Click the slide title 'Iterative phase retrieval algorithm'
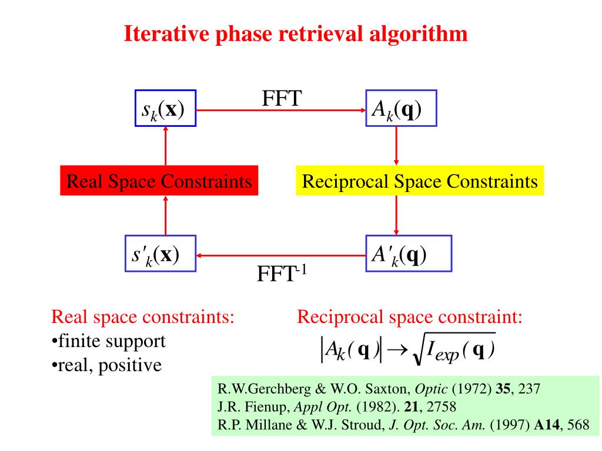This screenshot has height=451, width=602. [296, 33]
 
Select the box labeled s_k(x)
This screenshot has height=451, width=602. [165, 109]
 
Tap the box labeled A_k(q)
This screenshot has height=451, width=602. [401, 109]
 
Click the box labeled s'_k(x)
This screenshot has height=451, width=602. [160, 254]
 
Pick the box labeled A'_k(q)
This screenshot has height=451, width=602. [408, 254]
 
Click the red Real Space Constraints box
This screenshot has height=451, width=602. [159, 181]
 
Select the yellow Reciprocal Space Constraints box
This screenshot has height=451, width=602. [420, 181]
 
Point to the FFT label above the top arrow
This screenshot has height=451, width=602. [282, 97]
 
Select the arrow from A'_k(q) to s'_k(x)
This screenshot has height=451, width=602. [280, 255]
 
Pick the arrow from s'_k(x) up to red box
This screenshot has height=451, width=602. [165, 216]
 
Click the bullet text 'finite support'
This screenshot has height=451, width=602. [111, 341]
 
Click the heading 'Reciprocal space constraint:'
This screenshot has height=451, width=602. [410, 318]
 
